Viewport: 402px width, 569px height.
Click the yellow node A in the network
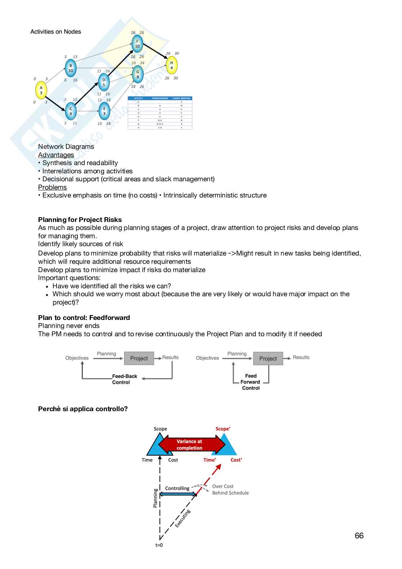tap(41, 90)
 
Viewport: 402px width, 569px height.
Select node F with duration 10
tap(137, 44)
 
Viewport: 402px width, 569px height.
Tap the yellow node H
tap(171, 65)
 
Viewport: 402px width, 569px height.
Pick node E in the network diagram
tap(104, 111)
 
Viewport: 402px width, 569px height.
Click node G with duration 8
tap(138, 74)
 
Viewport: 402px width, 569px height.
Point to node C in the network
tap(71, 111)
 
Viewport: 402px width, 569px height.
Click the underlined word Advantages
tap(56, 155)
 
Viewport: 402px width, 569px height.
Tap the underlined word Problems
tap(52, 187)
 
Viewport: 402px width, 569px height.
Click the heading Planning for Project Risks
tap(80, 220)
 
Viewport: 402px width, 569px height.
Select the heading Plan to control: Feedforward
tap(84, 317)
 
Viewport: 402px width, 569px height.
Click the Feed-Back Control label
tap(124, 379)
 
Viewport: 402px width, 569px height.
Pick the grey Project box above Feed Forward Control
tap(268, 359)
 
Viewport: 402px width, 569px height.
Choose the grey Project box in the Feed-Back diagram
tap(139, 358)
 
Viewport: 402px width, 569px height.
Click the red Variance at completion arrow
tap(190, 445)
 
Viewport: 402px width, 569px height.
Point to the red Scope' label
tap(223, 429)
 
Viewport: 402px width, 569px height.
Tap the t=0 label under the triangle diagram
tap(159, 545)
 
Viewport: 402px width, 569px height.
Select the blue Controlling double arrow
tap(178, 494)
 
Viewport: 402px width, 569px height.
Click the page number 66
tap(359, 536)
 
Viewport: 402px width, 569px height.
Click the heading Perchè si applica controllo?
tap(83, 409)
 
